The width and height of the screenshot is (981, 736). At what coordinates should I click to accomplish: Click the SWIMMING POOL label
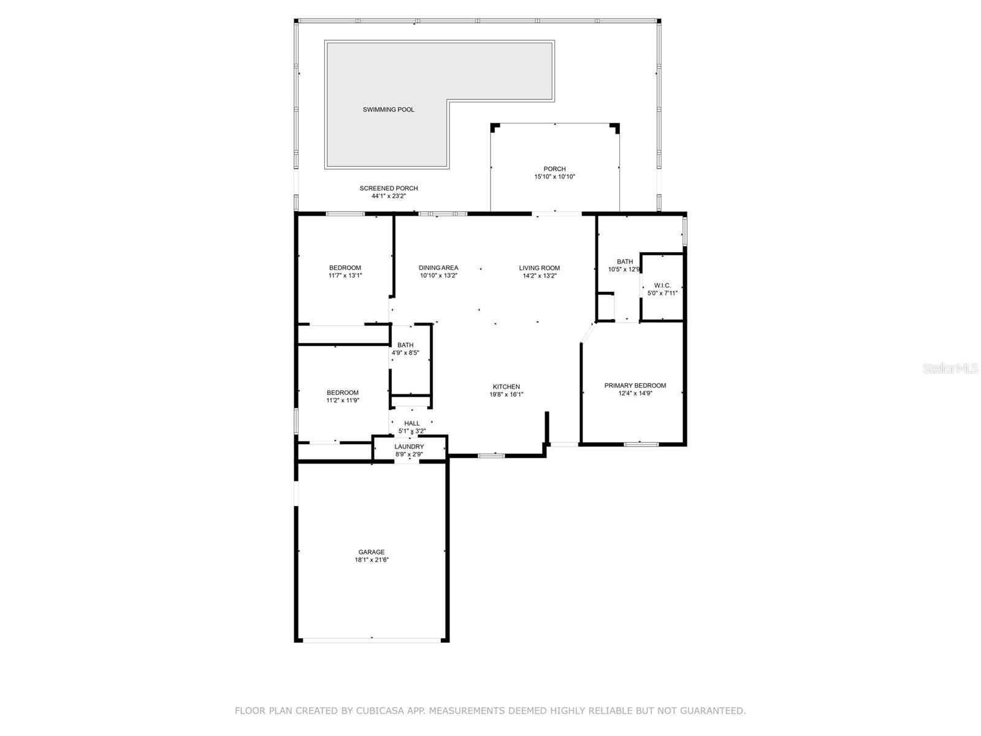(x=388, y=110)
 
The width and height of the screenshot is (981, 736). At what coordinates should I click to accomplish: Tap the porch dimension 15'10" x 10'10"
(x=554, y=177)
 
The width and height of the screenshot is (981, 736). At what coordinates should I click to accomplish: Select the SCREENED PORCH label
(x=389, y=188)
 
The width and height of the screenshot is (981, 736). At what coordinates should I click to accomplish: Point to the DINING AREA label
(x=438, y=268)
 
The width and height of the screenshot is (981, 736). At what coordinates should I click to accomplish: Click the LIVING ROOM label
(x=540, y=268)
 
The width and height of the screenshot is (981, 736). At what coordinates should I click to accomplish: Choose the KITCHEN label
(x=506, y=387)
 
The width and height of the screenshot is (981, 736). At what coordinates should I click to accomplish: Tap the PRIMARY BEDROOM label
(x=635, y=386)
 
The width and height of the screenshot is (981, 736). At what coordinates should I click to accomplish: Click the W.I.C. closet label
(x=662, y=286)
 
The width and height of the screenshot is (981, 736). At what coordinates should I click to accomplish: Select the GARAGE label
(x=372, y=552)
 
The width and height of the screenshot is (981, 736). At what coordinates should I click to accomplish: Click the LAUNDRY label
(x=409, y=447)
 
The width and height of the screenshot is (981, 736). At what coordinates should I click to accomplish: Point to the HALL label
(x=412, y=423)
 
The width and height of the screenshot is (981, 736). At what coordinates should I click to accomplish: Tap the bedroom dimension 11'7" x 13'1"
(x=345, y=276)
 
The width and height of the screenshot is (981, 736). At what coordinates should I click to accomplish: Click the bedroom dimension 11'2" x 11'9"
(x=343, y=401)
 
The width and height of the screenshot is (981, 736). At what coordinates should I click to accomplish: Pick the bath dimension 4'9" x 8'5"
(x=405, y=353)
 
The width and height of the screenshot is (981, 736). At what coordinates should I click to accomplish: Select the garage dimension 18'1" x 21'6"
(x=372, y=560)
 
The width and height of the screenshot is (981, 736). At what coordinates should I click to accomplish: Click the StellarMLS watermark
(x=951, y=369)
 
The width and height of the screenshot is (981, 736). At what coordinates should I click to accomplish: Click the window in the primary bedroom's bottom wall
(x=641, y=443)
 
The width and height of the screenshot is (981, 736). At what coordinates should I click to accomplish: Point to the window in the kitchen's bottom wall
(x=491, y=455)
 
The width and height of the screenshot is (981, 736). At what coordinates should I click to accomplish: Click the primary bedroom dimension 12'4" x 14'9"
(x=635, y=394)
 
